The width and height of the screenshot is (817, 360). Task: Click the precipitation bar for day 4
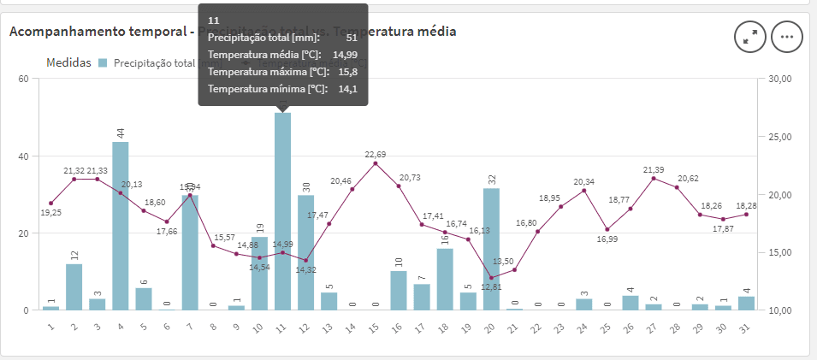[121, 226]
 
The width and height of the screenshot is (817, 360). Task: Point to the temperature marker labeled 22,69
[376, 162]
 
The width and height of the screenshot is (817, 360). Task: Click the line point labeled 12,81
[491, 278]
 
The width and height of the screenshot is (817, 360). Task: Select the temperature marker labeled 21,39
[654, 178]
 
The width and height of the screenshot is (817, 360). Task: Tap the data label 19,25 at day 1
[51, 212]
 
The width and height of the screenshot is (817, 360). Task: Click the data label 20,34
[584, 181]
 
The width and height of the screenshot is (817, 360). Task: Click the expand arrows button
[750, 36]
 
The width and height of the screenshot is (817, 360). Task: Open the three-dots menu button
[787, 36]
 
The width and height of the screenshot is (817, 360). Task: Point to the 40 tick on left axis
[23, 156]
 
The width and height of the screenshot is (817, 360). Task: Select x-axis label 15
[374, 328]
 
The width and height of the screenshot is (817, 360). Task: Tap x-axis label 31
[745, 328]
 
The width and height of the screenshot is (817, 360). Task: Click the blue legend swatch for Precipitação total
[104, 63]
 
